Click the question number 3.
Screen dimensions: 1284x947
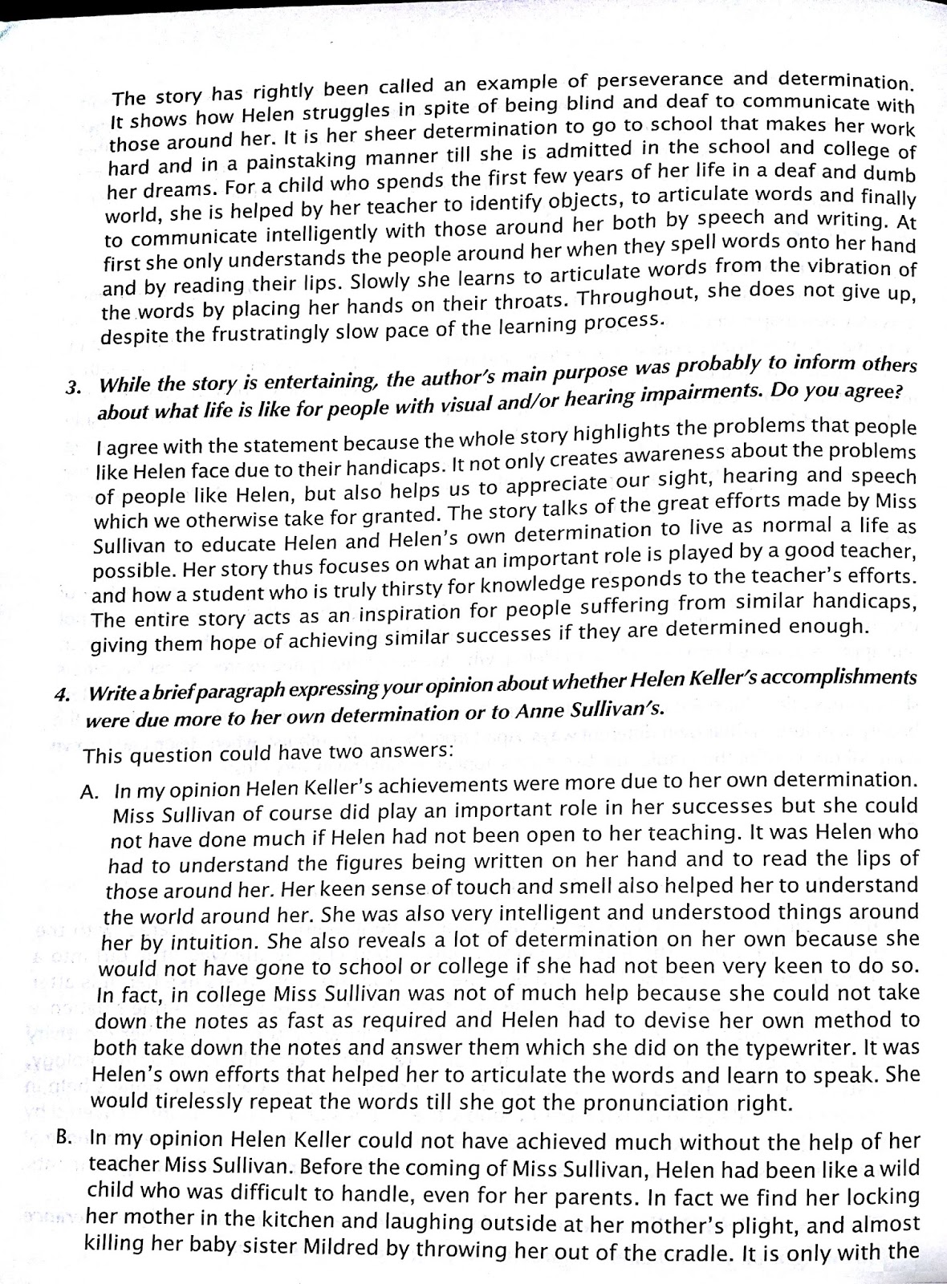point(74,387)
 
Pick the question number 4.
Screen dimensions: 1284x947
point(62,694)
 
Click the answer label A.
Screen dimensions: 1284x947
point(90,792)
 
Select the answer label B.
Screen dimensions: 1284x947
point(69,1139)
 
